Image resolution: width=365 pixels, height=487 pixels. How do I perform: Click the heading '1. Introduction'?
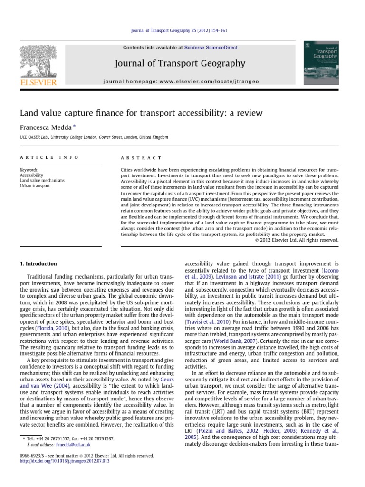(x=38, y=263)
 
